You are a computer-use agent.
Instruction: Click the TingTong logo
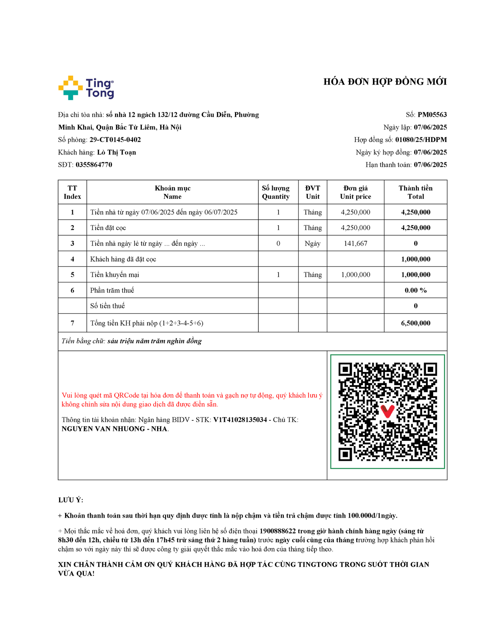click(86, 88)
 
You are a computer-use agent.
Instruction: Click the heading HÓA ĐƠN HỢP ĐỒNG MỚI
click(385, 82)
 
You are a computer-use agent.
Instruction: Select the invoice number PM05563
click(432, 115)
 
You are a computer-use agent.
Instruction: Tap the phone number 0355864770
click(94, 165)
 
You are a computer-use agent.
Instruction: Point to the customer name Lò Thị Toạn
click(116, 152)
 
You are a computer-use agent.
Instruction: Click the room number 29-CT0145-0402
click(115, 140)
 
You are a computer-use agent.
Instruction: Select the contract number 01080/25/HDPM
click(421, 140)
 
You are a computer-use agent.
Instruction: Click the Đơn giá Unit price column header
click(355, 192)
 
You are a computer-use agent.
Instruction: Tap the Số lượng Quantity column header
click(276, 192)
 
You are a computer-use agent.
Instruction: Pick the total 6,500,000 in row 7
click(416, 323)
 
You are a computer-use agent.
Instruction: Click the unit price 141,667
click(355, 244)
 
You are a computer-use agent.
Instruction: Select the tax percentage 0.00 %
click(416, 290)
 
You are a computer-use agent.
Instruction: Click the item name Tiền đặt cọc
click(108, 228)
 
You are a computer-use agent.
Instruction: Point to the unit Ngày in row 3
click(313, 244)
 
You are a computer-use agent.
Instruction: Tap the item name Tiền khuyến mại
click(115, 275)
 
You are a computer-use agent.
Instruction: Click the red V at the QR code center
click(387, 411)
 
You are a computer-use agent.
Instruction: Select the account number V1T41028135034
click(240, 420)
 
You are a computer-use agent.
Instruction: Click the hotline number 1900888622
click(277, 531)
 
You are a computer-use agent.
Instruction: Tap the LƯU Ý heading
click(71, 500)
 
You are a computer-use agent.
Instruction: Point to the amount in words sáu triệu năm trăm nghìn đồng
click(154, 341)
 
